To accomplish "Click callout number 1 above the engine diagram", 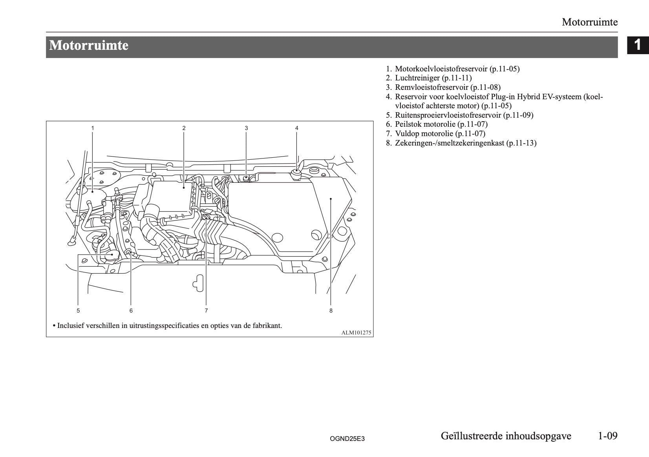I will coord(93,128).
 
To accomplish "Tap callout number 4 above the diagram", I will coord(297,128).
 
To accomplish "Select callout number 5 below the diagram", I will coord(79,311).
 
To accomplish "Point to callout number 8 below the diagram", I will coord(331,311).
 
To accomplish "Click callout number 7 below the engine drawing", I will coord(206,311).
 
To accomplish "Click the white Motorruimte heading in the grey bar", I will coord(89,46).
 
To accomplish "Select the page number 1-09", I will coord(607,436).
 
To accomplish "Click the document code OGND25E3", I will coord(347,439).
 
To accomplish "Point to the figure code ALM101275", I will coord(356,333).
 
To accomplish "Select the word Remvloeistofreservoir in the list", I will coord(431,87).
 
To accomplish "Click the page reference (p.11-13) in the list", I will coord(521,143).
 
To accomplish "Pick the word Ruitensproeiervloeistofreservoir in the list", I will coord(448,115).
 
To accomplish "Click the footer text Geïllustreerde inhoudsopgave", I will coord(506,436).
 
